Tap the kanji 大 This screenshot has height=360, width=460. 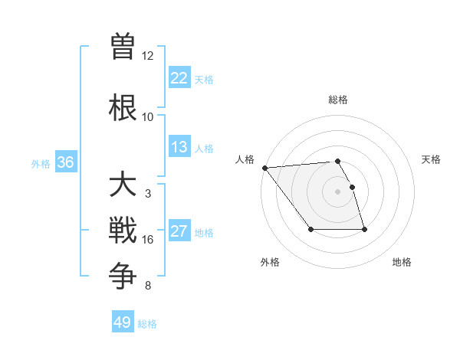pos(123,186)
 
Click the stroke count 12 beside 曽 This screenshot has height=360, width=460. pos(147,56)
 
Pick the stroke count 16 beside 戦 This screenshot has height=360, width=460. pos(147,240)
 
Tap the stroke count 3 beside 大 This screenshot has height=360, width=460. pos(147,194)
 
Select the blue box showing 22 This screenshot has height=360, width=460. pos(179,78)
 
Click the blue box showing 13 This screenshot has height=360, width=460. pos(179,147)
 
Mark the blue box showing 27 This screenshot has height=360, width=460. pos(179,232)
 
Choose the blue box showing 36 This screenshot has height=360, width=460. pos(65,162)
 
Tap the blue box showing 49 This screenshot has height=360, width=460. pos(123,322)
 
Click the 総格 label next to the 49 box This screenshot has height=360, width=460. pos(147,324)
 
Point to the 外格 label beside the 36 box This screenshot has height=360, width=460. pos(41,163)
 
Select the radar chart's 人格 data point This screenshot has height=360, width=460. pos(264,168)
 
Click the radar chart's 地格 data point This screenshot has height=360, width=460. pos(364,230)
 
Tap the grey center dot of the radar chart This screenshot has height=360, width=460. pos(337,191)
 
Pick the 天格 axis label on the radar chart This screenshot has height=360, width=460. pos(432,159)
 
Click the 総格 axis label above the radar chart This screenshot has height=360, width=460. pos(337,100)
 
